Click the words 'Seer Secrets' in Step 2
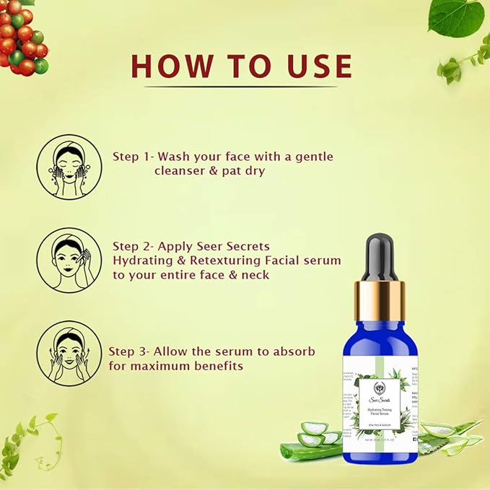[235, 246]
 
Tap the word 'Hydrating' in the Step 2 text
[139, 260]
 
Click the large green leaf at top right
[456, 16]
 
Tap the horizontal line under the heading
[241, 87]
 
